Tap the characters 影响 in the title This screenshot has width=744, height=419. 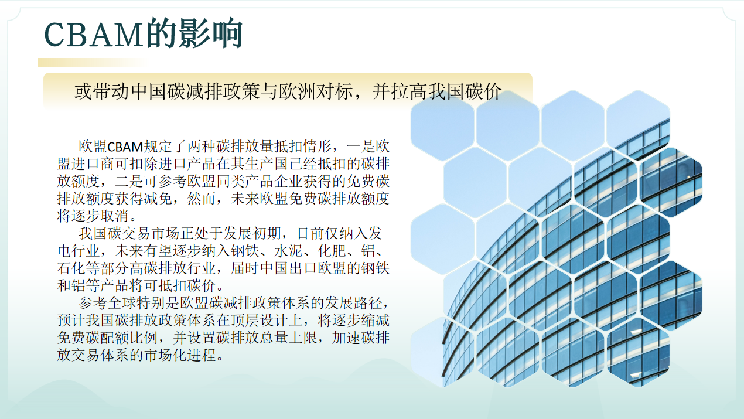(x=210, y=33)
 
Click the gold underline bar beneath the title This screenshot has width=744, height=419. (x=93, y=63)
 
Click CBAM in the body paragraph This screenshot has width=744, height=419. (x=125, y=147)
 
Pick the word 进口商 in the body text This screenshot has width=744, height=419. (x=93, y=164)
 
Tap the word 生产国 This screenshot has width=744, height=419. (x=267, y=164)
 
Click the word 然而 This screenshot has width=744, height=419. (x=202, y=199)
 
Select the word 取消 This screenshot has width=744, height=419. (x=115, y=216)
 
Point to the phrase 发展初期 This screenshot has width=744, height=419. (x=252, y=233)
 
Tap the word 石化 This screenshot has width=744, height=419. (x=71, y=268)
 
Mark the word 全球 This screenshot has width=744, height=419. (x=122, y=303)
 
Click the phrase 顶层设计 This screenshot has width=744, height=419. (x=260, y=321)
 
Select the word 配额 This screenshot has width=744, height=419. (x=115, y=338)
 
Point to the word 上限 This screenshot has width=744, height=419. (x=303, y=338)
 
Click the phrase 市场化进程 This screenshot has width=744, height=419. (x=180, y=355)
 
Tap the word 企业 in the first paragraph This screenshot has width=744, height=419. (x=288, y=181)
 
